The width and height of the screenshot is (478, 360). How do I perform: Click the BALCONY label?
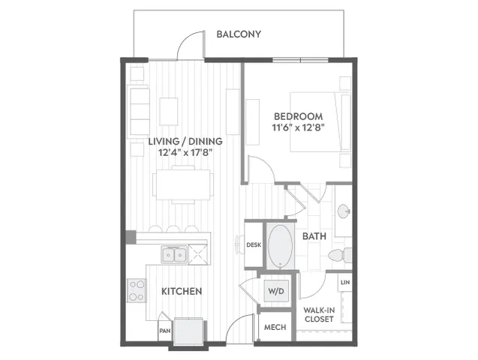point(239,34)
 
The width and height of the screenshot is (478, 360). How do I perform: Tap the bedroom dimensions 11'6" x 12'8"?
point(298,127)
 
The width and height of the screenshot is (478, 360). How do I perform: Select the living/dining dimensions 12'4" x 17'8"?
point(185,152)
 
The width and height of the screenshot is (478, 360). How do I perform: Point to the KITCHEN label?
point(182,292)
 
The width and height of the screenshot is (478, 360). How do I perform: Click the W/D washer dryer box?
point(276,291)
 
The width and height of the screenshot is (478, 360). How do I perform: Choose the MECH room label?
point(275,328)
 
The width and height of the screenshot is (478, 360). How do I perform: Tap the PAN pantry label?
point(165,331)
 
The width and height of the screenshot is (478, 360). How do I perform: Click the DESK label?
point(254,244)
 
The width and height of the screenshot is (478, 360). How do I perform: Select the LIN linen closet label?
point(345,282)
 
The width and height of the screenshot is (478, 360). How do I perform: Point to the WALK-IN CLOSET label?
point(319,314)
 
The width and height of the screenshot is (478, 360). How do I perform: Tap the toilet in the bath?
point(340,255)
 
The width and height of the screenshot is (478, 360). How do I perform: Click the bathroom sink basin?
point(344,211)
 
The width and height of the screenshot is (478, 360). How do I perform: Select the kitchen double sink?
point(174,255)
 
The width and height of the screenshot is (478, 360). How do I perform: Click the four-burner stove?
point(137,290)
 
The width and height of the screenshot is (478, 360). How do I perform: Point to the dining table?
point(183,184)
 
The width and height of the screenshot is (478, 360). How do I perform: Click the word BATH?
point(314,236)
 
